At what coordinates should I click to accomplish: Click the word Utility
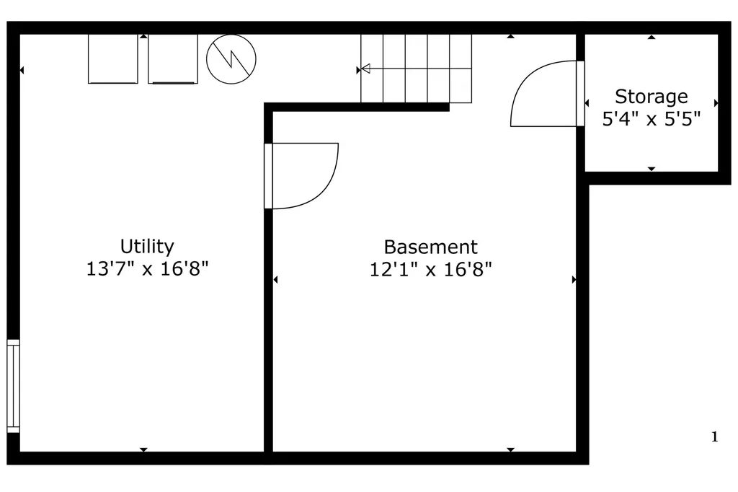[147, 247]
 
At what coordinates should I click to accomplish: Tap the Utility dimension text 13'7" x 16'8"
[147, 269]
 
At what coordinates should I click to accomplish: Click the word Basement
[431, 247]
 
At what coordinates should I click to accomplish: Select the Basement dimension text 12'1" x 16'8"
[431, 270]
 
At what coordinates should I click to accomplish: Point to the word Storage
[652, 97]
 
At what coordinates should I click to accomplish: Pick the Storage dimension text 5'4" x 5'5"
[652, 119]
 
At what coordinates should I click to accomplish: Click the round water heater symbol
[231, 59]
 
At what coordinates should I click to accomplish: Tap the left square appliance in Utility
[113, 59]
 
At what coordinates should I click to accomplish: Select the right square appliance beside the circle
[173, 59]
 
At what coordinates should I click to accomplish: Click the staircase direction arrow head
[365, 69]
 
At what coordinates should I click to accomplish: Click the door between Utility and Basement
[301, 176]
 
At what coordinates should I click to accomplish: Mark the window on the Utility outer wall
[13, 386]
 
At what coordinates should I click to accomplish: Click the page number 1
[714, 437]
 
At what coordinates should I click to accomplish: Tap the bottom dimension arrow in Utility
[143, 450]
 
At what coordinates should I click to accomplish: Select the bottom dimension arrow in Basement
[511, 450]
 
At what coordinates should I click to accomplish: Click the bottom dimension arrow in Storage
[652, 169]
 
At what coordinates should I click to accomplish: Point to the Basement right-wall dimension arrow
[574, 280]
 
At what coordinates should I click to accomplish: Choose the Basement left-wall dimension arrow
[275, 280]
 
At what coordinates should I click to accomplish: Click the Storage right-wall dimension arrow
[716, 103]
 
